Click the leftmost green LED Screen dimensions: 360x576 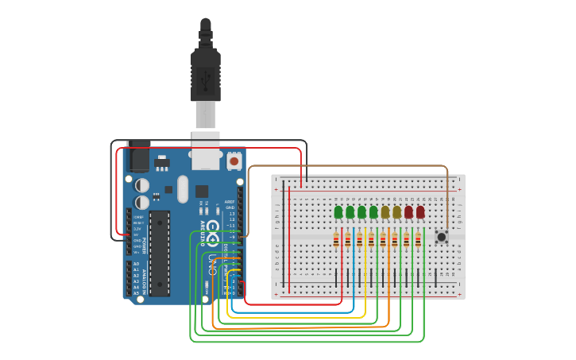[x=338, y=212]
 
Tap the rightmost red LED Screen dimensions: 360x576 [x=420, y=212]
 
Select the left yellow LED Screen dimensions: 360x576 [x=385, y=212]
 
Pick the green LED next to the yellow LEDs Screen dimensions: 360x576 [x=373, y=212]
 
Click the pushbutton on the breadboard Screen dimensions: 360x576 [x=442, y=236]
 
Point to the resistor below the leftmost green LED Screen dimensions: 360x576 [x=336, y=240]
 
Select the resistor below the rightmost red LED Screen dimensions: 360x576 [x=418, y=240]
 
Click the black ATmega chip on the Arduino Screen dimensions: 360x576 [x=160, y=253]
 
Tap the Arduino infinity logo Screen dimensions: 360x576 [x=213, y=230]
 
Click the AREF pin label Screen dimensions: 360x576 [x=230, y=202]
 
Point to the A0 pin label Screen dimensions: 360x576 [x=136, y=264]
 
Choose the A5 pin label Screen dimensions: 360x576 [x=136, y=293]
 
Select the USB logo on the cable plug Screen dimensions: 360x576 [x=206, y=79]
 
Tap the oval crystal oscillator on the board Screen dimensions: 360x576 [x=183, y=189]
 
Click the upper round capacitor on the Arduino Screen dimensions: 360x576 [x=142, y=184]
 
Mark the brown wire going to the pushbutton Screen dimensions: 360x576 [x=350, y=167]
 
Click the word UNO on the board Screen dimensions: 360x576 [x=211, y=261]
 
